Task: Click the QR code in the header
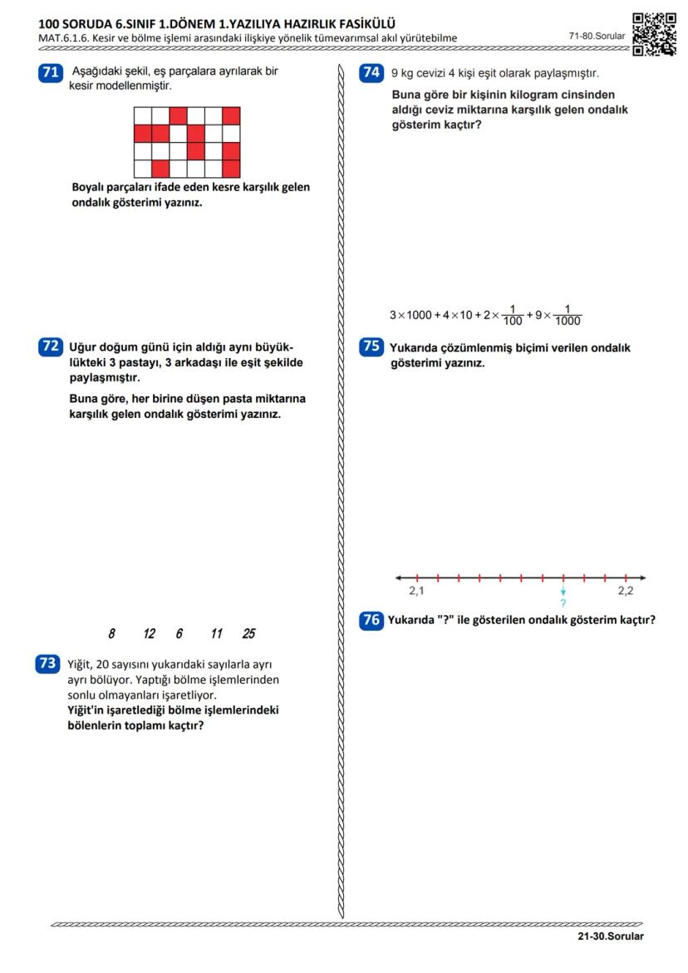[x=653, y=33]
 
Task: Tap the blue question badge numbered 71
[x=50, y=72]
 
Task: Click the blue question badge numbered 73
[x=47, y=663]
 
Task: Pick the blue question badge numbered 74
[x=371, y=72]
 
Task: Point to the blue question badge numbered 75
[x=371, y=346]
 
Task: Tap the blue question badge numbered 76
[x=371, y=619]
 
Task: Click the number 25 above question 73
[x=248, y=634]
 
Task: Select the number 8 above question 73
[x=111, y=634]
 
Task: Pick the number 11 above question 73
[x=216, y=634]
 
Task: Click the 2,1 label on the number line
[x=416, y=591]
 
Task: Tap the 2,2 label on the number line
[x=625, y=591]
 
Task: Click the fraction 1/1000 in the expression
[x=568, y=315]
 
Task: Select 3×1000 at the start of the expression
[x=410, y=315]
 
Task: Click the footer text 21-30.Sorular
[x=611, y=936]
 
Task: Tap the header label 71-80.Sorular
[x=596, y=36]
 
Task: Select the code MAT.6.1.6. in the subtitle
[x=65, y=38]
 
